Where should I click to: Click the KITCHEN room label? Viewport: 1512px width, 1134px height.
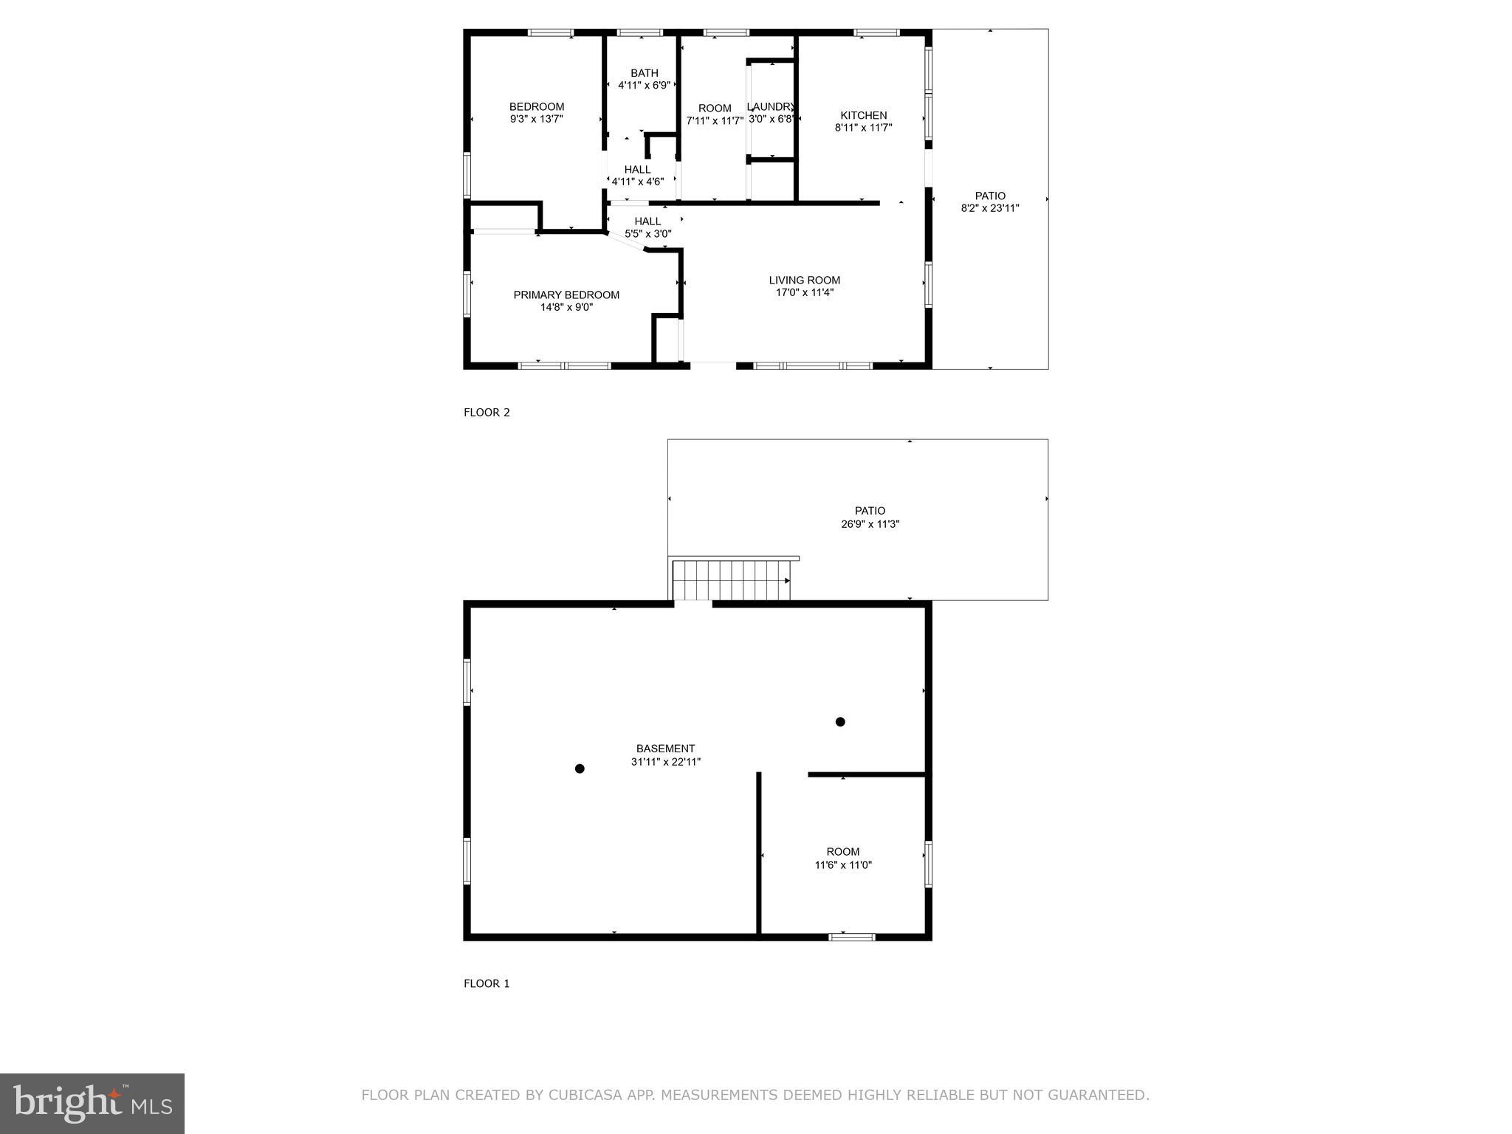863,115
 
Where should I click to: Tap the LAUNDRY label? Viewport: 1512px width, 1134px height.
770,106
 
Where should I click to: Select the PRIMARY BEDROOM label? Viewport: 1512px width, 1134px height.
566,295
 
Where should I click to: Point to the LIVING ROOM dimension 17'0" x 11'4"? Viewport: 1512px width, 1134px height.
805,292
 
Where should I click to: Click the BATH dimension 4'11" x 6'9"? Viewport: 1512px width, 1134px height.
644,85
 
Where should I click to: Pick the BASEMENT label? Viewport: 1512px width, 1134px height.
665,748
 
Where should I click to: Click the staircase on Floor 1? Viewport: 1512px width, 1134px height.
731,580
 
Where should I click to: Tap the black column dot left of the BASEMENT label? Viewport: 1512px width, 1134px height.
580,769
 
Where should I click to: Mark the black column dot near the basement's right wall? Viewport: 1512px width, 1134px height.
840,721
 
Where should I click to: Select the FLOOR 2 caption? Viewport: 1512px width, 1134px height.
487,413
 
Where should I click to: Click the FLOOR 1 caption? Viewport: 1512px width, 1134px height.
487,983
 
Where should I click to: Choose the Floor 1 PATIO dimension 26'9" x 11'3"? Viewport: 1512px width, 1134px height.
870,524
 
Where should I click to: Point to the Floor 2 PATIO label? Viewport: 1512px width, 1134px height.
990,196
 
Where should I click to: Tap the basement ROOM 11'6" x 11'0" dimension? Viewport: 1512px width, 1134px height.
843,865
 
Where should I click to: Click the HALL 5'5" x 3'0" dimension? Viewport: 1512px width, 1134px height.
647,234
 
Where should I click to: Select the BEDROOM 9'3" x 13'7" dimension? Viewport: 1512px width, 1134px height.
537,119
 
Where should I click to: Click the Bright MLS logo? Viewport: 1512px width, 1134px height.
92,1104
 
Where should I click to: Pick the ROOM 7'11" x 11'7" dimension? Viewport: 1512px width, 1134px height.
714,120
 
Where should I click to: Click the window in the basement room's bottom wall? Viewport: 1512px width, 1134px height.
851,937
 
